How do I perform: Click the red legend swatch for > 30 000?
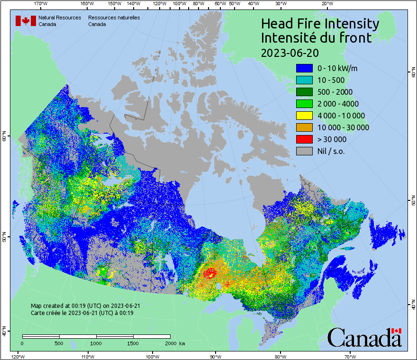tap(304, 139)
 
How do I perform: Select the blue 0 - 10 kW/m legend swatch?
tap(304, 68)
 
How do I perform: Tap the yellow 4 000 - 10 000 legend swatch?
tap(304, 116)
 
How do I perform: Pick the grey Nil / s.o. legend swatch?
tap(304, 151)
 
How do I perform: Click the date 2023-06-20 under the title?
tap(290, 52)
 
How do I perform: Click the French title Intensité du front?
tap(317, 38)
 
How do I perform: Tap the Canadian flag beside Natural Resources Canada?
tap(26, 21)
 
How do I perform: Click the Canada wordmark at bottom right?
tap(364, 338)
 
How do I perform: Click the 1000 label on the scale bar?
tap(96, 343)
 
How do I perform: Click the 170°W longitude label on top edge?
tap(41, 3)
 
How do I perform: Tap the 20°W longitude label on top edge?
tap(326, 3)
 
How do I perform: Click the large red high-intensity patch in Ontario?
tap(209, 273)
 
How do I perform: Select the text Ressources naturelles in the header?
tap(114, 18)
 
